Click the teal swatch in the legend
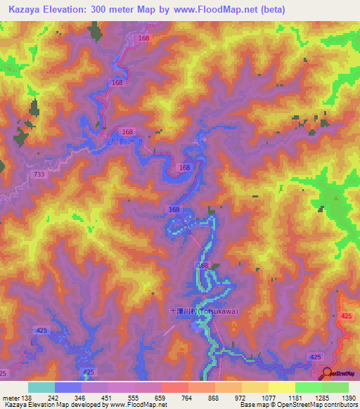click(x=41, y=387)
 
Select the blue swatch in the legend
click(x=67, y=387)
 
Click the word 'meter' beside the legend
click(x=11, y=398)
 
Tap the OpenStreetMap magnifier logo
click(x=328, y=373)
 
